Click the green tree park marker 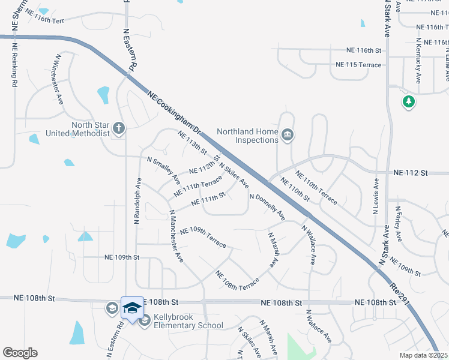coord(409,102)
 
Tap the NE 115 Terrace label coord(358,64)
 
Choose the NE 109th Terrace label coord(203,236)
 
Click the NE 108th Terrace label coord(237,278)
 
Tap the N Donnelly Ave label coord(267,206)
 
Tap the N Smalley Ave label coord(163,170)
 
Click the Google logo coord(20,353)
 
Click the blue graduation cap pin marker coord(131,308)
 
